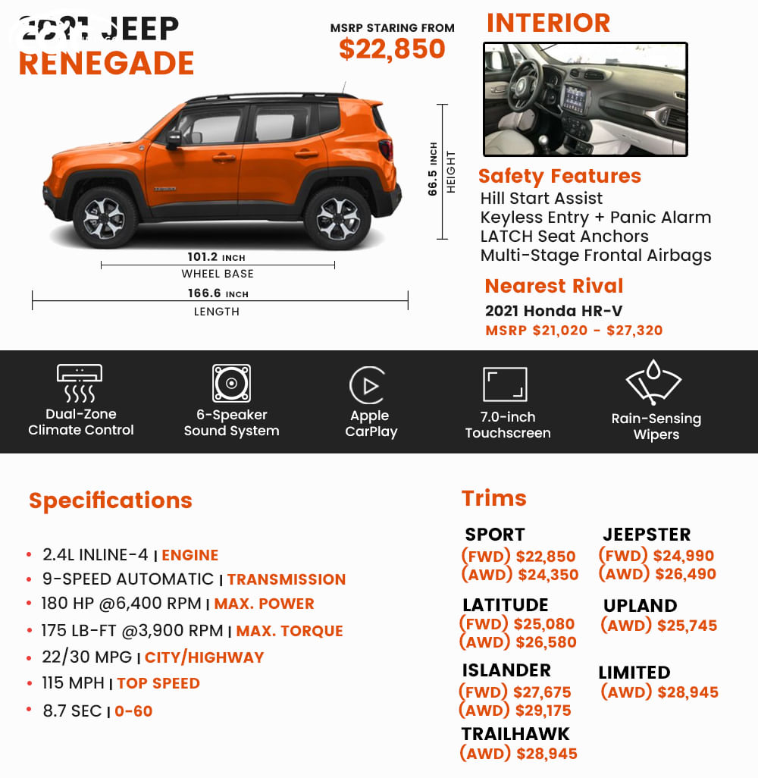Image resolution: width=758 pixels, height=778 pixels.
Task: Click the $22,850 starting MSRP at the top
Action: point(392,49)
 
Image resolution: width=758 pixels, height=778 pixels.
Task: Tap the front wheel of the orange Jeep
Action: point(104,218)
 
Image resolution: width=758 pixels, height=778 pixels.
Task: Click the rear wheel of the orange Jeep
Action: point(337,218)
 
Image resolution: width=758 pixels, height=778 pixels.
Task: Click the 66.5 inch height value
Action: point(434,169)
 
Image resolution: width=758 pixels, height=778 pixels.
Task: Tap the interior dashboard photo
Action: point(585,99)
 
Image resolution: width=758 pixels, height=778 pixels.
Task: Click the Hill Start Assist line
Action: point(541,199)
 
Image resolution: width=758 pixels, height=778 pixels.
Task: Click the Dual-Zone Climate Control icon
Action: point(80,383)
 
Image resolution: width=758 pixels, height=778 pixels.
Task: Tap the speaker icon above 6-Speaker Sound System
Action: point(231,384)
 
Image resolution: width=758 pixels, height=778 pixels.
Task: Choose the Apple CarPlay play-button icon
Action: point(368,386)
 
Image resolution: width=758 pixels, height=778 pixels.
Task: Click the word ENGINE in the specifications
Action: point(189,555)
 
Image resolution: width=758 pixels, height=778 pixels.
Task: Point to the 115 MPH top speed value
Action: point(74,683)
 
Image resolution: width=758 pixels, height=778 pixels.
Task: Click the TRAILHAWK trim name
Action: point(515,734)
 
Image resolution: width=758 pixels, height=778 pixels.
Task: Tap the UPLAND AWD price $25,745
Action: point(659,626)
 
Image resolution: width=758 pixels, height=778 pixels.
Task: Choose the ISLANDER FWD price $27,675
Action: point(515,692)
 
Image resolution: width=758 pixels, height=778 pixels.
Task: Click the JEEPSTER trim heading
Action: point(647,535)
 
